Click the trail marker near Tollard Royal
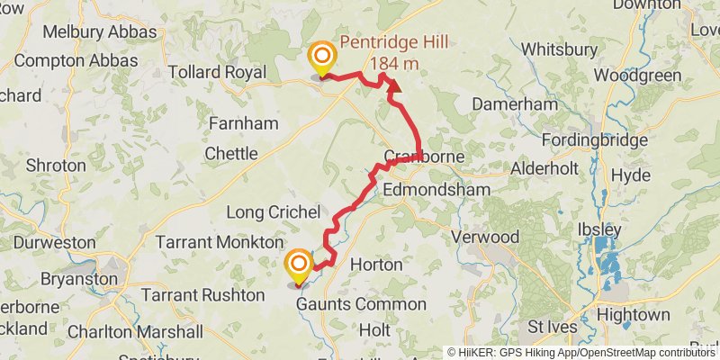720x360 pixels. click(321, 59)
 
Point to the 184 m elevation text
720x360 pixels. click(394, 63)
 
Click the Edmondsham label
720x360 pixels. click(436, 190)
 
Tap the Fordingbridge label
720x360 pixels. click(595, 140)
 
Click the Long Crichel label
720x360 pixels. click(274, 212)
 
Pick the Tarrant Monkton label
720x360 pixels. click(219, 242)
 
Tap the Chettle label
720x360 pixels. click(231, 154)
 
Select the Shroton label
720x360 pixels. click(56, 166)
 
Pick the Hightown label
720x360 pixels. click(634, 315)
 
